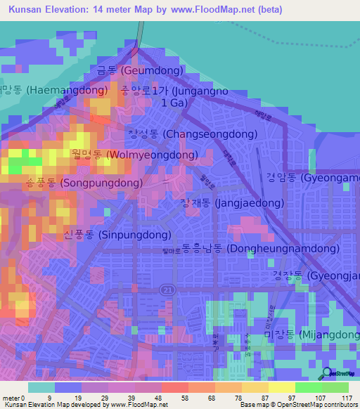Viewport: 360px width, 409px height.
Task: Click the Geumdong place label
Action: pos(139,71)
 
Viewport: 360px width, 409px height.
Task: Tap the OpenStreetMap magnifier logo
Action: pos(328,374)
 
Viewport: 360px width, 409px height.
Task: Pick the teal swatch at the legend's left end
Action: pos(41,387)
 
